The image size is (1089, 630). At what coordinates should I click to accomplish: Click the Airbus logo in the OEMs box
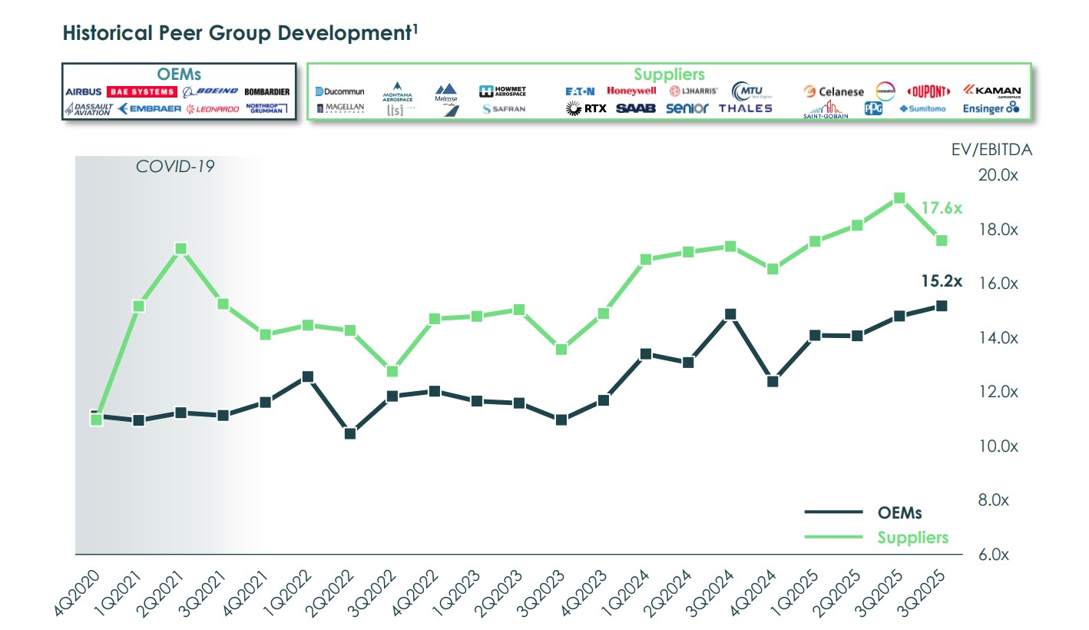coord(83,91)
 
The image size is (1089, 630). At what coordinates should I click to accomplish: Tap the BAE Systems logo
coord(142,91)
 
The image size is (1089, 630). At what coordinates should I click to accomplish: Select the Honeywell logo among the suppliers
coord(631,91)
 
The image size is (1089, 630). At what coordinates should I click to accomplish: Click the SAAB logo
coord(636,108)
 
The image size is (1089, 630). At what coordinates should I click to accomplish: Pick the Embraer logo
coord(150,109)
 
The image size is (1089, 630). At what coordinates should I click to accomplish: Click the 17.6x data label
coord(941,207)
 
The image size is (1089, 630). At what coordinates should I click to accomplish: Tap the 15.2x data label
coord(941,280)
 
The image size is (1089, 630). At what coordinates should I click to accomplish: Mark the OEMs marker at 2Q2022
coord(350,433)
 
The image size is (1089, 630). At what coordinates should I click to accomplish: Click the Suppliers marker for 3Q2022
coord(392,371)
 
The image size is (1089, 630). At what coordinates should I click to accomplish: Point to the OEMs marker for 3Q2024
coord(730,313)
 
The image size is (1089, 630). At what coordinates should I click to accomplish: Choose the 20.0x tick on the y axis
coord(999,176)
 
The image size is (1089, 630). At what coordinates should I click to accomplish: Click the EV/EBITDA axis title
coord(991,150)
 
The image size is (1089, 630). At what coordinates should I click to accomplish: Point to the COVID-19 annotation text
coord(175,166)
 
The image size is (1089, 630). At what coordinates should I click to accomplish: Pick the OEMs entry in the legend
coord(899,512)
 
